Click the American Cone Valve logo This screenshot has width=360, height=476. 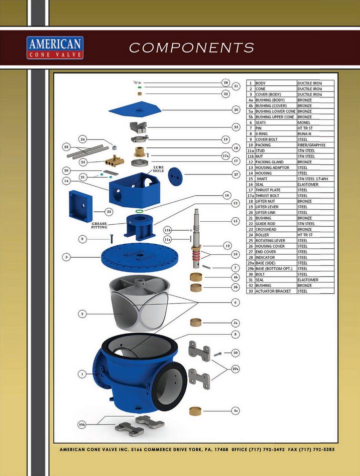pos(55,47)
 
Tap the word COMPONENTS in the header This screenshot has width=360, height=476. pos(192,47)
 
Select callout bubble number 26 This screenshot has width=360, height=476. pos(236,109)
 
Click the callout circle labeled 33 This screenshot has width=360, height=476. pos(109,212)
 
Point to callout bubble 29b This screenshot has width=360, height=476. pos(82,425)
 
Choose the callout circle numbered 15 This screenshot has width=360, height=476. pos(235,221)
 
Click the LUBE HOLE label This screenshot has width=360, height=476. pos(158,169)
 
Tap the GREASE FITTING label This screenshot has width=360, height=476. pos(99,225)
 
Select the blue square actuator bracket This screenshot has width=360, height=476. pos(80,206)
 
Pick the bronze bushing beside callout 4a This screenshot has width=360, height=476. pos(195,411)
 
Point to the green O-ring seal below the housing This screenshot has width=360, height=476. pos(139,211)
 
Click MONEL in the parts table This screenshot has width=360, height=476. pos(304,123)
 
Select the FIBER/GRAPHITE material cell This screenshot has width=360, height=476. pos(312,145)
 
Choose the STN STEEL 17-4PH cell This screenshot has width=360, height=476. pos(313,179)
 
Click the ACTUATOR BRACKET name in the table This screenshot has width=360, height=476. pos(273,291)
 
